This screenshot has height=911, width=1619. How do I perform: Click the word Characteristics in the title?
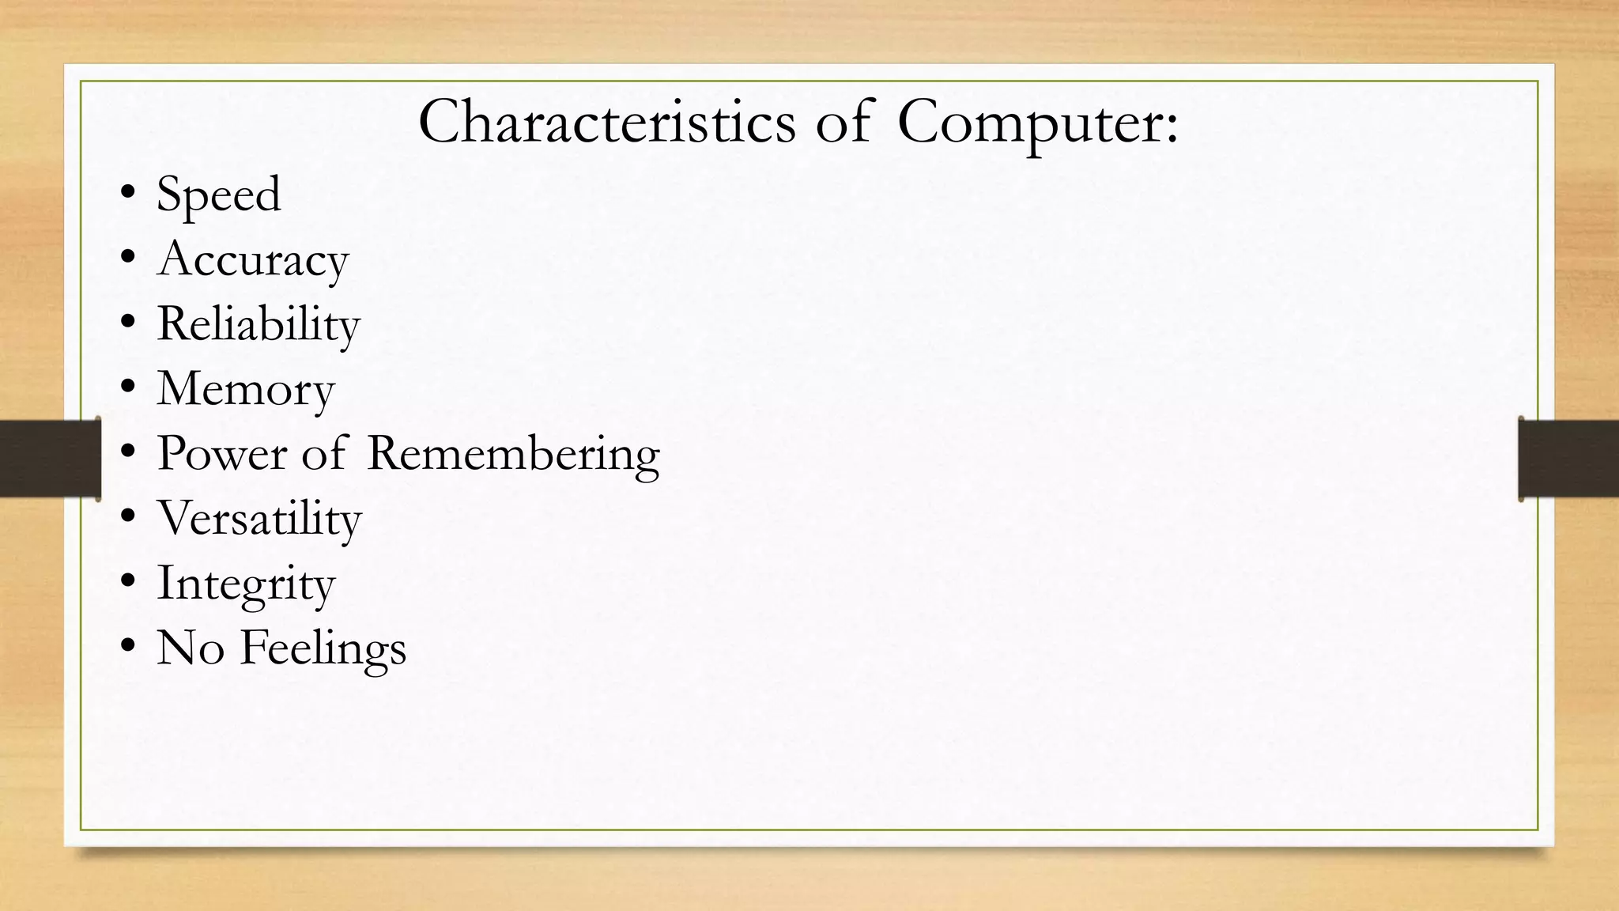[x=606, y=123]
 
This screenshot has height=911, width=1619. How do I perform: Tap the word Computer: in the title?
[x=1037, y=124]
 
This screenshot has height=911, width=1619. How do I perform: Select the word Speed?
[x=218, y=195]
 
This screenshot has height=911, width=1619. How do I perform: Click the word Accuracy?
[x=252, y=260]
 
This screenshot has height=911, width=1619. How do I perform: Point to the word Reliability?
[x=258, y=325]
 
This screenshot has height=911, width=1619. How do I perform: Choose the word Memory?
[x=245, y=390]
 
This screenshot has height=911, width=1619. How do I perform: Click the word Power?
[x=221, y=454]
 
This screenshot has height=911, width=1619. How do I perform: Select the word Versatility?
[x=259, y=520]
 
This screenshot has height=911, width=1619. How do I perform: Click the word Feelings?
[x=323, y=649]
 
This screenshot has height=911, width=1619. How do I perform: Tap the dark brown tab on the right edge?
[x=1568, y=458]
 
